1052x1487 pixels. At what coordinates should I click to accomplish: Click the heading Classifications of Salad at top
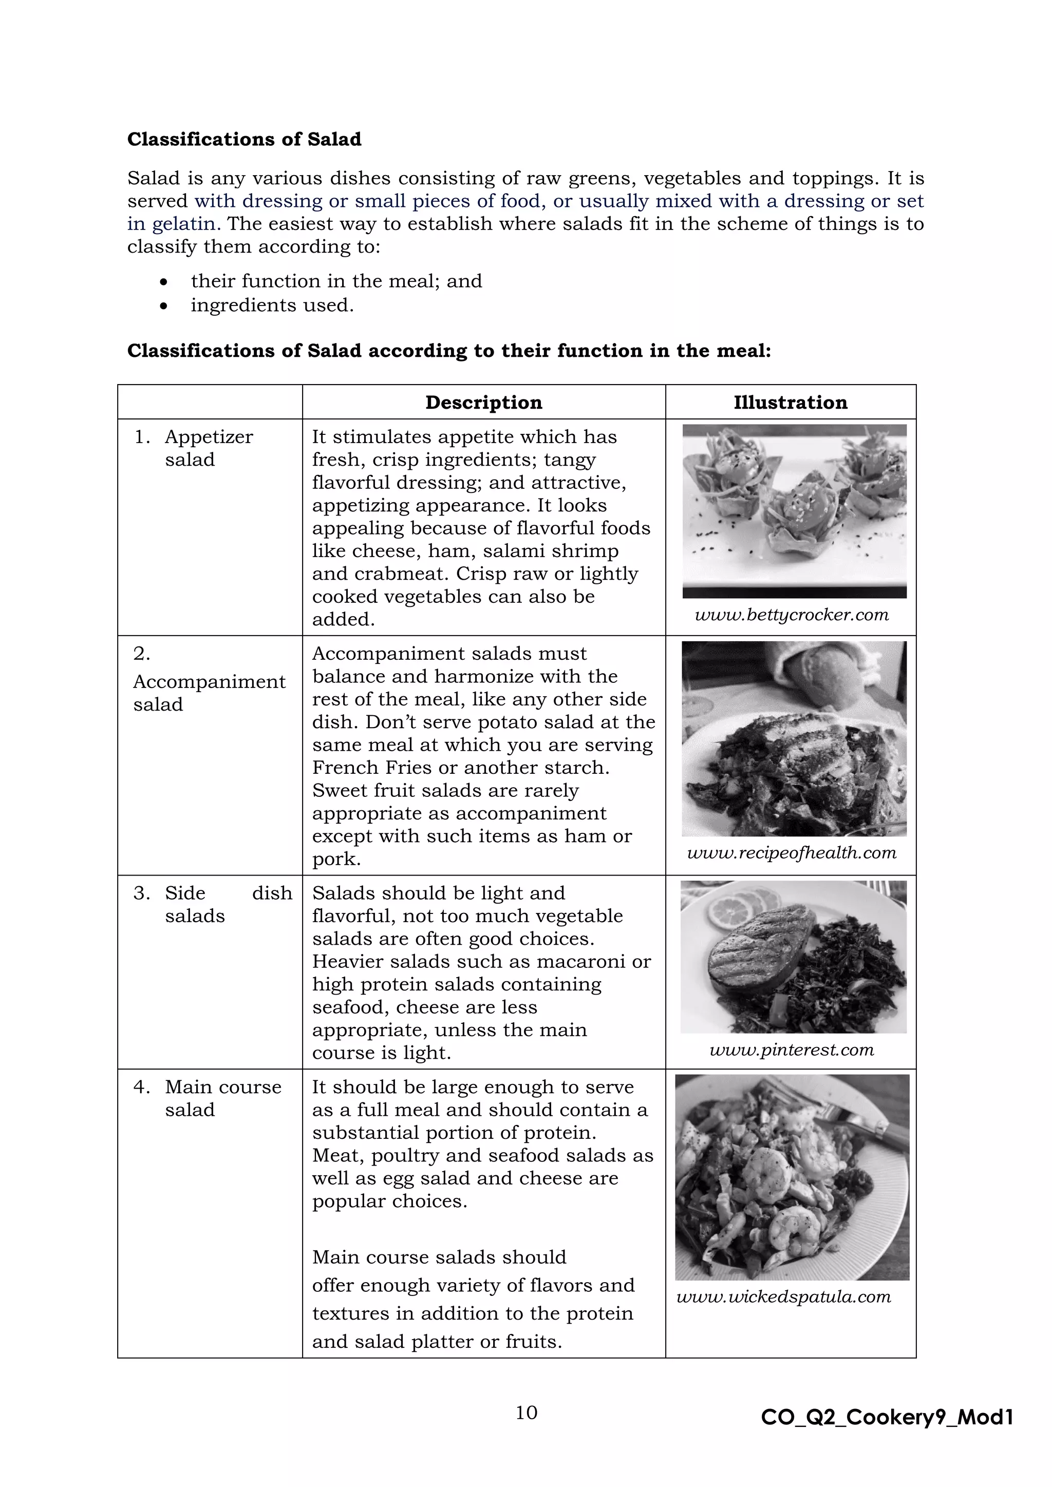coord(244,139)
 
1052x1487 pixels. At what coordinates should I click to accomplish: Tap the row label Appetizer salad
coord(208,448)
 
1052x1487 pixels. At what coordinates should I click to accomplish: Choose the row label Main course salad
coord(222,1098)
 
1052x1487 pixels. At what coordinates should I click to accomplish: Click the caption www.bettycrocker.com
coord(791,615)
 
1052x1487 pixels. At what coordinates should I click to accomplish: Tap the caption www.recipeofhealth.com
coord(791,853)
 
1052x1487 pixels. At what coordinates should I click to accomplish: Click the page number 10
coord(526,1413)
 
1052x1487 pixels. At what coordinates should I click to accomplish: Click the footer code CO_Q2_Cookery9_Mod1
coord(887,1418)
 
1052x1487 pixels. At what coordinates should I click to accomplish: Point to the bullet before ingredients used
coord(164,306)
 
